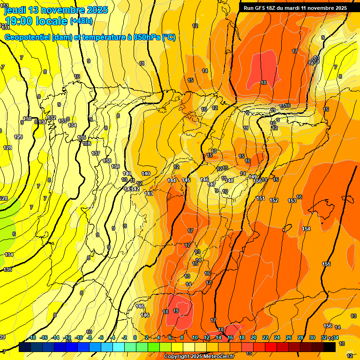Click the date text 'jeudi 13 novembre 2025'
pos(56,10)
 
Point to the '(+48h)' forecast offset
pos(81,21)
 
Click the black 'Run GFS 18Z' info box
pos(295,7)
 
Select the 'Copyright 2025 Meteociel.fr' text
pos(199,357)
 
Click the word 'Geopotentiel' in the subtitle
pos(27,37)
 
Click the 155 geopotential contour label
pos(326,264)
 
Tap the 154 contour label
pos(306,229)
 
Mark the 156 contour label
pos(328,326)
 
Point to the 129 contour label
pos(18,137)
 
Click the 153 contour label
pos(292,201)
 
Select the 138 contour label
pos(107,161)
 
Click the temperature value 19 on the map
pos(176,311)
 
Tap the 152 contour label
pos(274,200)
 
